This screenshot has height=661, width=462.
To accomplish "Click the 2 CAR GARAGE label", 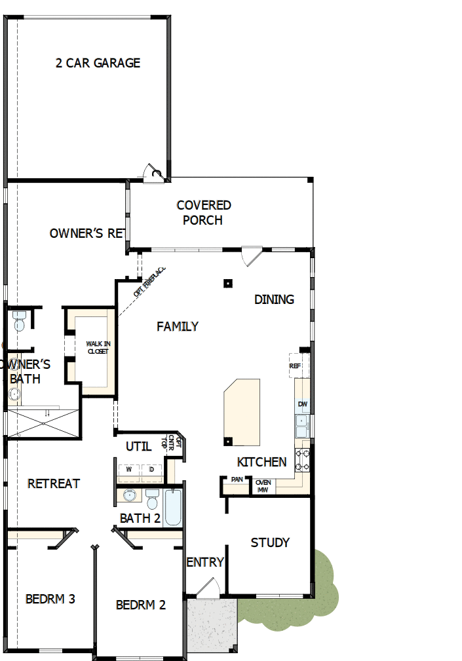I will [x=98, y=63].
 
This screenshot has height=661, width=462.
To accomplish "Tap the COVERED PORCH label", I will [x=203, y=213].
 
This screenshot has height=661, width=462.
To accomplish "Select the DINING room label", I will [x=274, y=299].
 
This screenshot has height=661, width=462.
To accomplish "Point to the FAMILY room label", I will [x=178, y=326].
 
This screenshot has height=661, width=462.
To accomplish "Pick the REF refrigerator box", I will [x=294, y=366].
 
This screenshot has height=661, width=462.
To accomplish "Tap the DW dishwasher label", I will [x=302, y=404].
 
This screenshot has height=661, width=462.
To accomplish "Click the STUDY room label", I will [x=270, y=542].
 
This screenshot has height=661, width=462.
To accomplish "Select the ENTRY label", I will [x=205, y=562].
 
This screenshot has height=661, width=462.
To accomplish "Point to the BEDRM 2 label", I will [x=140, y=605].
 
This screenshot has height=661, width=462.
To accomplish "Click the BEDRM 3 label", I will [x=50, y=599].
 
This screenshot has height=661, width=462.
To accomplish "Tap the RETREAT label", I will [x=54, y=483].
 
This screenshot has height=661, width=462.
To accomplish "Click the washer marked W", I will [x=129, y=470].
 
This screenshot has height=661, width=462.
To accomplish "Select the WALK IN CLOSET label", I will [x=98, y=347].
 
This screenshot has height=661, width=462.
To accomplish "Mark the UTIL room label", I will [x=138, y=446].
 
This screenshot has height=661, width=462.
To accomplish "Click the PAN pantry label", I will [x=237, y=480].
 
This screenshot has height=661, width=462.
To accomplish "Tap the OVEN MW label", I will [x=263, y=486].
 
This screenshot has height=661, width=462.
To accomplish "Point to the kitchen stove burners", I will [x=302, y=459].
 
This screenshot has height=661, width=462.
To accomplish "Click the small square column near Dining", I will [x=227, y=284].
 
